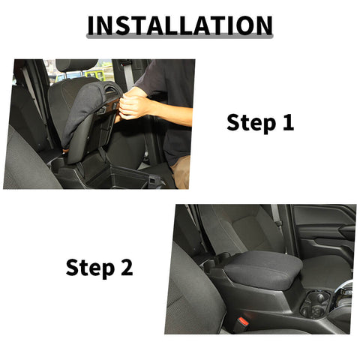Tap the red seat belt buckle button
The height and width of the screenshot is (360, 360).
243,321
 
